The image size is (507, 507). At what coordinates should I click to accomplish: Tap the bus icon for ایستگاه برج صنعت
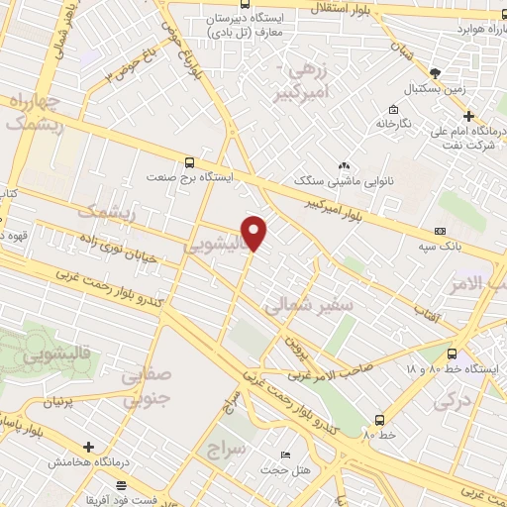click(189, 162)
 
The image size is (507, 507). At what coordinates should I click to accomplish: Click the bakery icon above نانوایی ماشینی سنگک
click(343, 165)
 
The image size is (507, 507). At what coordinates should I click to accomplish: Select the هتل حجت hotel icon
click(285, 456)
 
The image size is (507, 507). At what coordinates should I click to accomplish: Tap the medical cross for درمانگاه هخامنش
click(89, 448)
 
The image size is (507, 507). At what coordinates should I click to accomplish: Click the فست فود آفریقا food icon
click(121, 485)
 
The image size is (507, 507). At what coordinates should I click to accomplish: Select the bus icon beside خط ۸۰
click(380, 419)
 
